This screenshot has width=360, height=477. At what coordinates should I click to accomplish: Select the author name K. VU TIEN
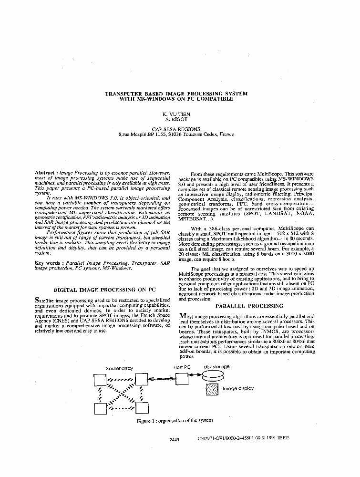pos(176,115)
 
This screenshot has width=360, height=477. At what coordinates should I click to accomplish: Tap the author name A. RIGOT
pos(176,120)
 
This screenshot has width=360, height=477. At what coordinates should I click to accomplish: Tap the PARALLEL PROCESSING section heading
pos(243,306)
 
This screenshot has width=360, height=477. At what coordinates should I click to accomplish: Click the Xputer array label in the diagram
pos(119,368)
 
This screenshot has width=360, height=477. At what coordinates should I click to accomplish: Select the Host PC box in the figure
pos(182,379)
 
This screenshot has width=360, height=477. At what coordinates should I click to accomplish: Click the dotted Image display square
pos(212,389)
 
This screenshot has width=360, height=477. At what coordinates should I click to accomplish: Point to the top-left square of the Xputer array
pos(100,380)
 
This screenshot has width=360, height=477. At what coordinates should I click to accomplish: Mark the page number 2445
pos(174,438)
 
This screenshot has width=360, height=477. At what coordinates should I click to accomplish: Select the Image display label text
pos(238,389)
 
